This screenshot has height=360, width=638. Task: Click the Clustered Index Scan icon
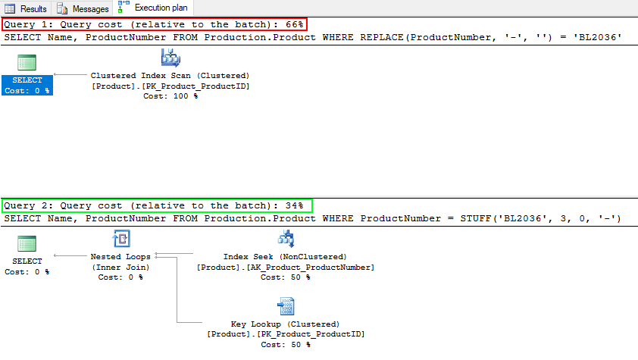pyautogui.click(x=170, y=58)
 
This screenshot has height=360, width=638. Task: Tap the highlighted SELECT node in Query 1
pyautogui.click(x=27, y=85)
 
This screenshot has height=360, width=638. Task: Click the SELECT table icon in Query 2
pyautogui.click(x=27, y=244)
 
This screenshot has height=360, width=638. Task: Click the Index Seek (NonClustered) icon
pyautogui.click(x=286, y=239)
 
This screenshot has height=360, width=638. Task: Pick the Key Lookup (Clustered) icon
pyautogui.click(x=286, y=306)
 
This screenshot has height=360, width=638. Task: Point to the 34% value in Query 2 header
pyautogui.click(x=296, y=205)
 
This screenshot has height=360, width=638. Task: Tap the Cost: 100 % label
pyautogui.click(x=170, y=96)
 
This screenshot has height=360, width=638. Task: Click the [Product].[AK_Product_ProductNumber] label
pyautogui.click(x=286, y=267)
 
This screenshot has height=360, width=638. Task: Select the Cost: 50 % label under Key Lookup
pyautogui.click(x=286, y=344)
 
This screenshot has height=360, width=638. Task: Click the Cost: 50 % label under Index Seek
pyautogui.click(x=286, y=277)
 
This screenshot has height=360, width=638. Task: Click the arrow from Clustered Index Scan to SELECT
pyautogui.click(x=72, y=75)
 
